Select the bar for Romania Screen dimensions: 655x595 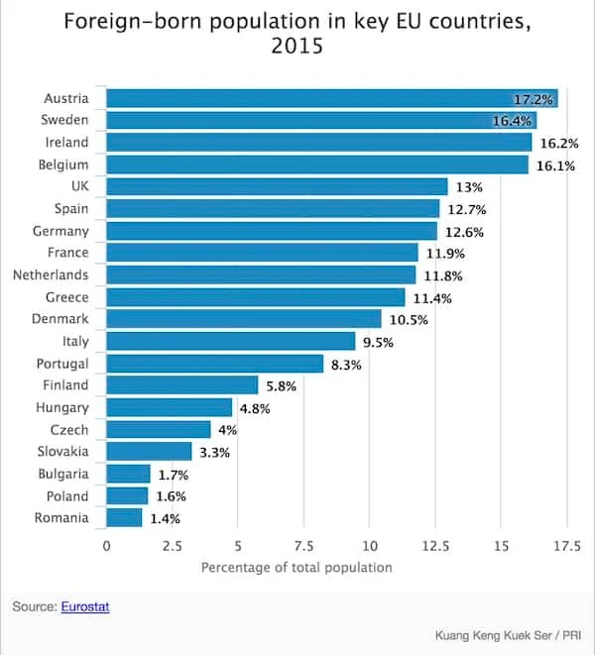(124, 517)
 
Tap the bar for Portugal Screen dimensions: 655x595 (214, 364)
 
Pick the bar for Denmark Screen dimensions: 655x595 (243, 319)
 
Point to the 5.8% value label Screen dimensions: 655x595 (281, 385)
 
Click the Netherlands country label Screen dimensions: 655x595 (50, 274)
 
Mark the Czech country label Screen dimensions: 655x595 (68, 430)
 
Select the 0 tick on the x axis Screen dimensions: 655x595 (106, 545)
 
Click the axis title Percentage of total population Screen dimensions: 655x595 (297, 568)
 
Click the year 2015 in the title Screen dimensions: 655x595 (297, 47)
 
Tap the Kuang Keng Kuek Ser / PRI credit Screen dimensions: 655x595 (508, 635)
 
